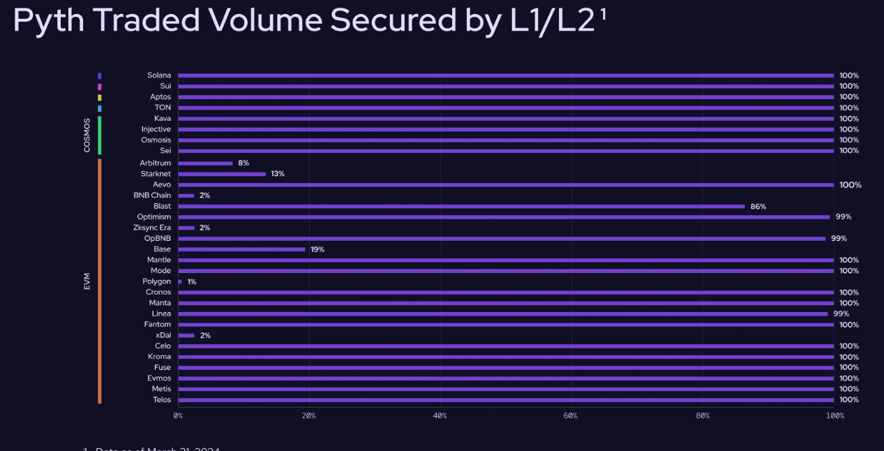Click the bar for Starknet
click(222, 174)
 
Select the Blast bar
click(461, 207)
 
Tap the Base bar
click(241, 249)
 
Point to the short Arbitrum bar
click(205, 163)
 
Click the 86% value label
click(758, 207)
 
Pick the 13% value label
click(278, 174)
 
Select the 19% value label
click(317, 249)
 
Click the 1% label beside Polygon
click(192, 282)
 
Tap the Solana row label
click(159, 75)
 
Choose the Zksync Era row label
click(152, 228)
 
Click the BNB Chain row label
click(152, 195)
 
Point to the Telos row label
click(162, 400)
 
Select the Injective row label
click(156, 129)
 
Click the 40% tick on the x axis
click(440, 415)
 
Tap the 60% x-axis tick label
click(571, 415)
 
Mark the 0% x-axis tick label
click(178, 415)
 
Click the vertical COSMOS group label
click(87, 135)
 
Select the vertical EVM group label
click(87, 281)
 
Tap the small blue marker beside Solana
click(100, 75)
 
